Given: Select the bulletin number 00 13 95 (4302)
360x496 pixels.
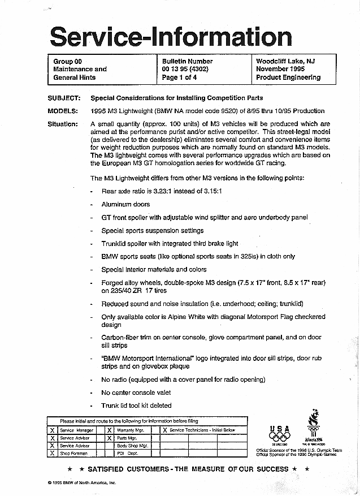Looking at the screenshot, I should [x=187, y=69].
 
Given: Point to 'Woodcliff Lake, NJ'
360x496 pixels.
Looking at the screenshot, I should [x=285, y=61].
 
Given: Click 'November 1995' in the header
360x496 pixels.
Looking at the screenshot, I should [x=281, y=69].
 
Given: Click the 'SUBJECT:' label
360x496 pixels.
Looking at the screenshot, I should [x=64, y=98].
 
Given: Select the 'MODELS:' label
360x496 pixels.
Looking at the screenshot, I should [x=63, y=111].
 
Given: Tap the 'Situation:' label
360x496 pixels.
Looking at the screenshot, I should [x=63, y=123].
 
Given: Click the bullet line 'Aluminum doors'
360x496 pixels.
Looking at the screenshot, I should [x=125, y=204].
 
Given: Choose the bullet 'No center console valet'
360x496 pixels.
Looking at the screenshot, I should [x=136, y=393].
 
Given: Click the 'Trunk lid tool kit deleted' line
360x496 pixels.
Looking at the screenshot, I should [x=136, y=406].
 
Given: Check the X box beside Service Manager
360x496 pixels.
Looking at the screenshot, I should [x=52, y=430].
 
